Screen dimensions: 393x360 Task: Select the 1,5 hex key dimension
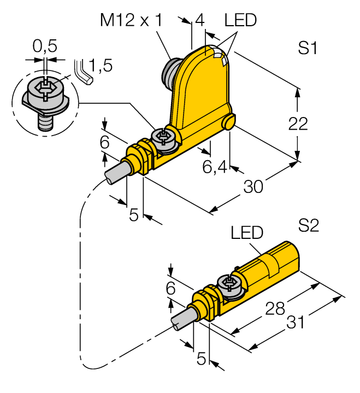[101, 66]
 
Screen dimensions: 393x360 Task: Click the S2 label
[309, 225]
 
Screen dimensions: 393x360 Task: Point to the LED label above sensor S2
[247, 233]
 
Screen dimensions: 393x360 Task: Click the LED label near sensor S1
[241, 21]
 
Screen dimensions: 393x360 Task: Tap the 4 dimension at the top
[199, 21]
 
